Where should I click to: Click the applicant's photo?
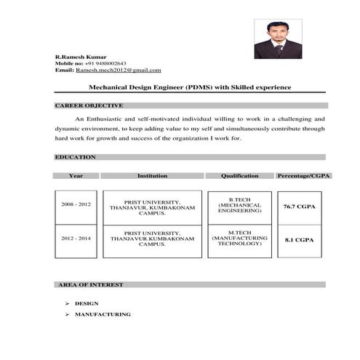tap(274, 39)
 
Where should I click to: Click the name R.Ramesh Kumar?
tap(81, 57)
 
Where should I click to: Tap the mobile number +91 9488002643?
tap(106, 63)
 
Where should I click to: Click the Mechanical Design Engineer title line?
tap(189, 87)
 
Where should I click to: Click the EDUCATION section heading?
tap(75, 157)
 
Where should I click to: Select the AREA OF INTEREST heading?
tap(89, 284)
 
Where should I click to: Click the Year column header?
tap(76, 176)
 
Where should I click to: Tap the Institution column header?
tap(152, 176)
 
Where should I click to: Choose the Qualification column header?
tap(240, 176)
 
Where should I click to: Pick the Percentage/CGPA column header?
tap(300, 176)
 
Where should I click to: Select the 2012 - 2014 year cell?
tap(76, 239)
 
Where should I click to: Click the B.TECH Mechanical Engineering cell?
tap(240, 205)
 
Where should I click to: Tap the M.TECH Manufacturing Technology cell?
tap(240, 239)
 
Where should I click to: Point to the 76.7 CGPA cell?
tap(299, 207)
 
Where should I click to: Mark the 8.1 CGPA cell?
tap(299, 239)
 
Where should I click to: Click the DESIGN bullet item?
tap(87, 303)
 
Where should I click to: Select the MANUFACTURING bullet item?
tap(103, 314)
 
